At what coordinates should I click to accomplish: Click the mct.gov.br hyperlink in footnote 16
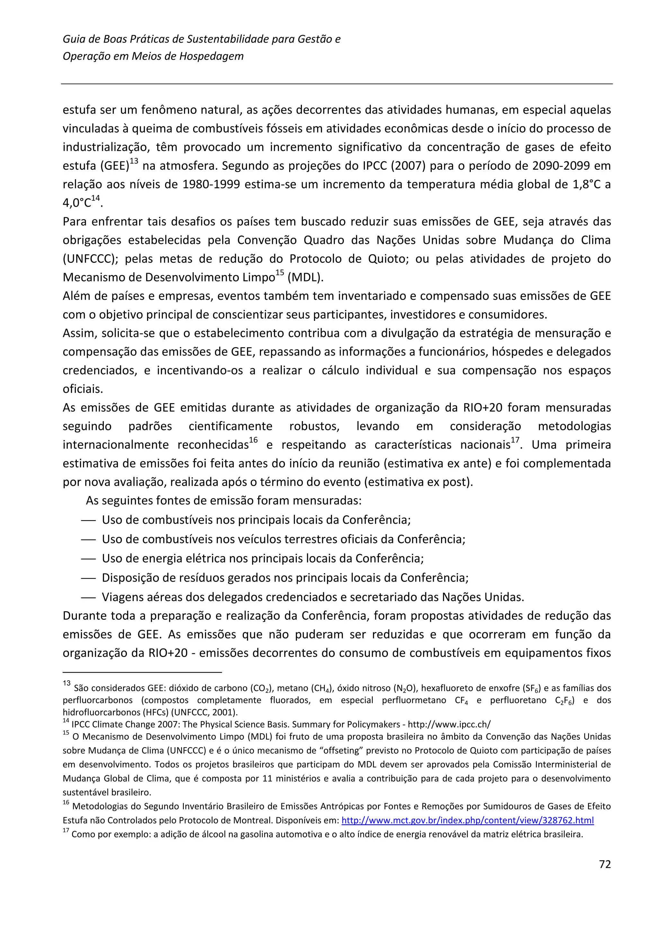[x=467, y=820]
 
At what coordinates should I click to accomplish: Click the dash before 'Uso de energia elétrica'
[x=88, y=559]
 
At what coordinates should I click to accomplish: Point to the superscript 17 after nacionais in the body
[x=515, y=441]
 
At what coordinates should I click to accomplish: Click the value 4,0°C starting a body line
[x=76, y=203]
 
